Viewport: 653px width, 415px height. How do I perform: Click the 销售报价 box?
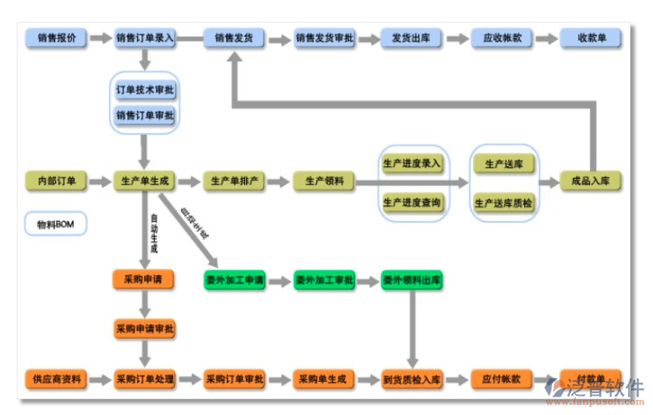point(56,38)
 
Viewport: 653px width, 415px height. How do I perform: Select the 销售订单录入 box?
point(145,38)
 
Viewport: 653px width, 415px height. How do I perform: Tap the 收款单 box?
point(592,38)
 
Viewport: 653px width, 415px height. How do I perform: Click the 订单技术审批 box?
point(145,90)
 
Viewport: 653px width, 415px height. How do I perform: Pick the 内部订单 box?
point(56,181)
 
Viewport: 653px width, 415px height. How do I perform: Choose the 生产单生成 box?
point(145,181)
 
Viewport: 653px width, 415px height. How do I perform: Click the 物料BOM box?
point(56,225)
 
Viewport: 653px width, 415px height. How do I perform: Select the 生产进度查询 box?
point(412,203)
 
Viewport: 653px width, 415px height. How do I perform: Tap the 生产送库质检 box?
point(502,203)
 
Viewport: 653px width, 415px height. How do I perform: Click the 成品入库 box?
point(592,181)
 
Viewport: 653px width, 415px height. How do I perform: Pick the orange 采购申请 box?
point(145,279)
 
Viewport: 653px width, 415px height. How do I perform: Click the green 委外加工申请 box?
point(234,279)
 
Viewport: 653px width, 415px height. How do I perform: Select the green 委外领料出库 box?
point(412,279)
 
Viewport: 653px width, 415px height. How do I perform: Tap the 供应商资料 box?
point(56,379)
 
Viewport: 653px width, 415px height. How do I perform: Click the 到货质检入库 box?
point(412,379)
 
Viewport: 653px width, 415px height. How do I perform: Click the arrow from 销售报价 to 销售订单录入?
point(100,38)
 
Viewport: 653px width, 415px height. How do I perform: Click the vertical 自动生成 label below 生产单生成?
point(153,233)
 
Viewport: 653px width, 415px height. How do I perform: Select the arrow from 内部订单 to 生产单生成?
point(100,181)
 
